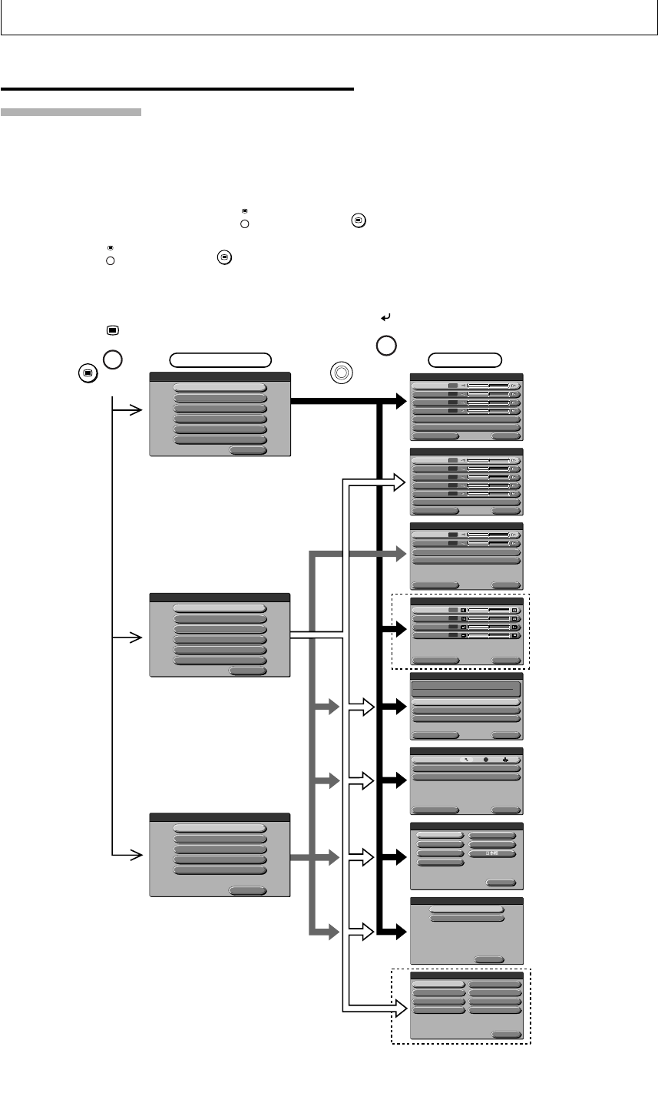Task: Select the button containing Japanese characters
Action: tap(492, 853)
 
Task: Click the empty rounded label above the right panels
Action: tap(465, 359)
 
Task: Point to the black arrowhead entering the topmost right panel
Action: tap(397, 401)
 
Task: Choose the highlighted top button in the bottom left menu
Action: tap(220, 828)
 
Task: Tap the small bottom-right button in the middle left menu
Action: tap(248, 671)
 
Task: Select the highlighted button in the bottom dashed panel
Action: tap(438, 982)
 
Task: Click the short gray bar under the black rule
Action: tap(71, 112)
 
